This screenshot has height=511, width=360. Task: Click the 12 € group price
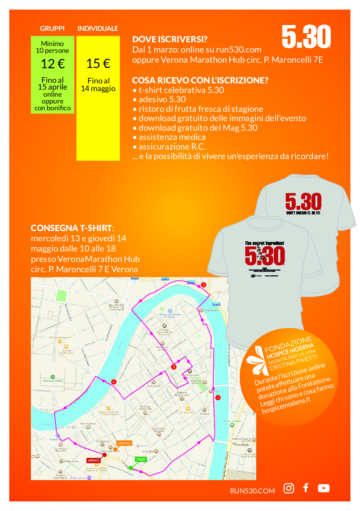click(x=53, y=64)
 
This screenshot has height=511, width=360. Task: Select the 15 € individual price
click(x=98, y=64)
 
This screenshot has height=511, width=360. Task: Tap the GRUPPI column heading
click(x=52, y=28)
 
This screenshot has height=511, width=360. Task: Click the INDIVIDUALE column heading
click(x=98, y=28)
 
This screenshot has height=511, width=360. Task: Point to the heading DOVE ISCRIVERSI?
click(x=170, y=39)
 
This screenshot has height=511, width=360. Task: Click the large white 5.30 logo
click(x=306, y=37)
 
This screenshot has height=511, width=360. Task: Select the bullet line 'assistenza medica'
click(x=172, y=137)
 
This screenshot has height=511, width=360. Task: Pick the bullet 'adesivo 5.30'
click(x=162, y=99)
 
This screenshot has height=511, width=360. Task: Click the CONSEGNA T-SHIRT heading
click(x=72, y=228)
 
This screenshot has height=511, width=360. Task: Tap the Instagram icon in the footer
click(x=289, y=488)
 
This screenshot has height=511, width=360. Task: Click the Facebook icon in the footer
click(x=306, y=488)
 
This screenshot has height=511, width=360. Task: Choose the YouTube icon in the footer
click(x=324, y=488)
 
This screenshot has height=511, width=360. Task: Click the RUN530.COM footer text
click(x=252, y=491)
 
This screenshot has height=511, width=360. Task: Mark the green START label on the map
click(x=141, y=459)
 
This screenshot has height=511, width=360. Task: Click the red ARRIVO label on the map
click(x=94, y=460)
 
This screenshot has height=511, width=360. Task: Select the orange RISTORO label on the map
click(x=124, y=443)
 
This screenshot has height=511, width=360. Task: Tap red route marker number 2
click(x=203, y=285)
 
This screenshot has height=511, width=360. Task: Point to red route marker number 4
click(x=114, y=382)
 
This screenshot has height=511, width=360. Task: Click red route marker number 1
click(x=218, y=398)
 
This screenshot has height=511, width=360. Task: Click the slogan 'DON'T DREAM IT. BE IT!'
click(x=303, y=213)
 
